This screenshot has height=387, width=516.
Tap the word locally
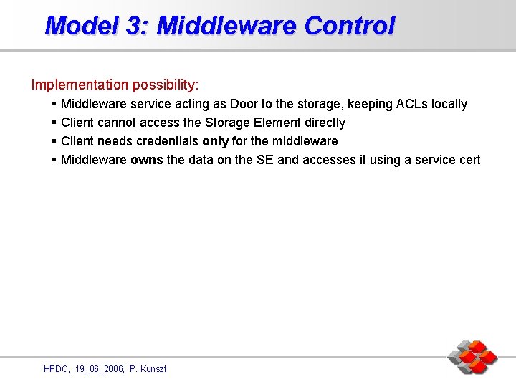pos(449,105)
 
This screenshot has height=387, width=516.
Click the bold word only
pos(216,142)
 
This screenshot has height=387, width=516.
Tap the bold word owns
pos(147,161)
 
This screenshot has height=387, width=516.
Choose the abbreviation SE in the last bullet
pos(265,161)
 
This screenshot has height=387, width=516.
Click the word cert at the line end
pos(468,161)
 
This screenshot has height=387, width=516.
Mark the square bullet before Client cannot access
pos(54,123)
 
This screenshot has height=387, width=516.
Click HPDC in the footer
pos(57,369)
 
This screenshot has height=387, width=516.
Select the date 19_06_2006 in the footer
pos(99,369)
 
